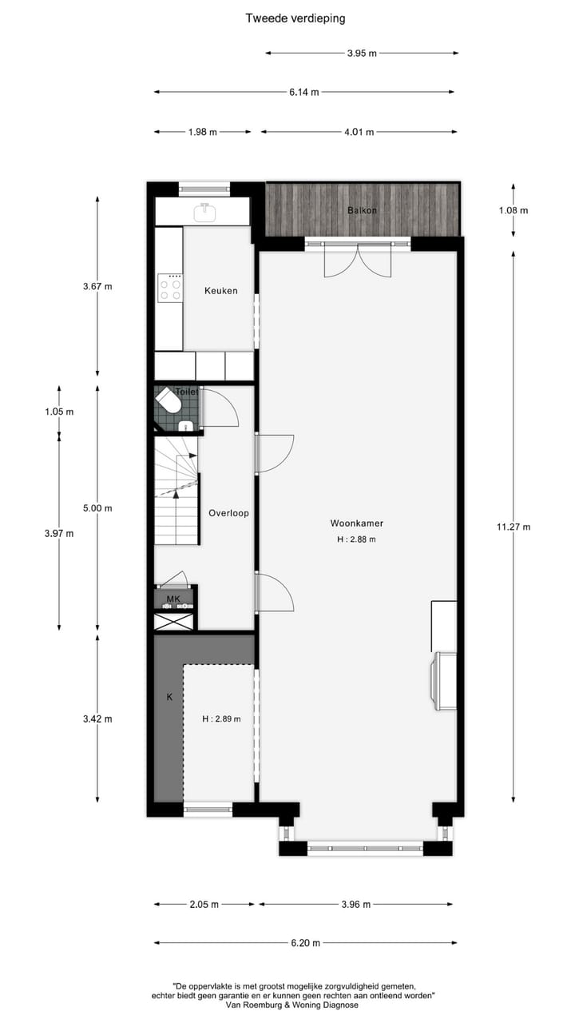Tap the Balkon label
tap(362, 210)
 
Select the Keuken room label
tap(220, 291)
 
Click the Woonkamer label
tap(357, 523)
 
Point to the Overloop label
tap(228, 513)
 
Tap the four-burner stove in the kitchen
tap(169, 287)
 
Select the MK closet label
tap(173, 598)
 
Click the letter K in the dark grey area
tap(169, 697)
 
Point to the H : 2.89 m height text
tap(221, 718)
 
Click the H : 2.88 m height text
tap(356, 539)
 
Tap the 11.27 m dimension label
tap(513, 527)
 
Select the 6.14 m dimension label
tap(304, 92)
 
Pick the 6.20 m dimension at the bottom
tap(305, 943)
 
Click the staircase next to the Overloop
tap(176, 496)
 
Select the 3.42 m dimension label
tap(97, 718)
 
